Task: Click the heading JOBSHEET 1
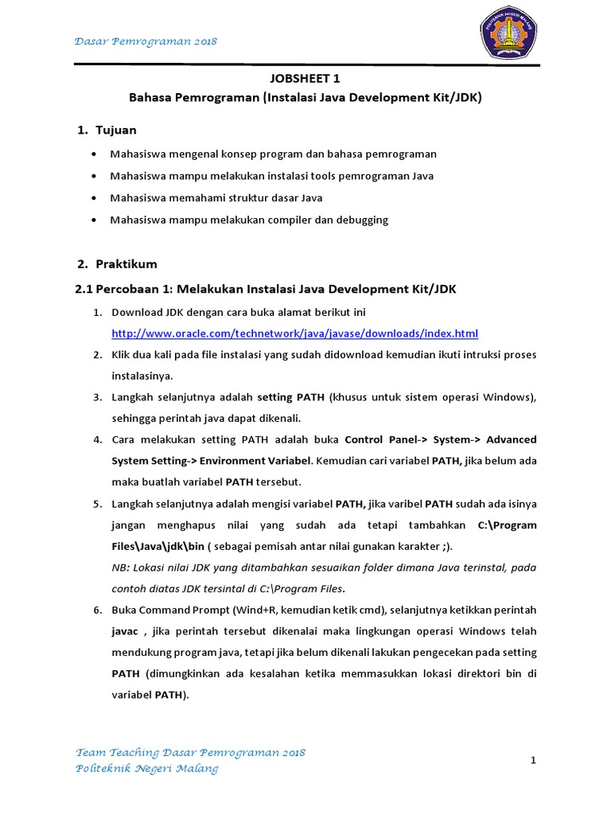coord(305,78)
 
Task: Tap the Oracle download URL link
coord(294,333)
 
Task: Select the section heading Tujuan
coord(116,129)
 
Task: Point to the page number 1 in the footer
coord(534,761)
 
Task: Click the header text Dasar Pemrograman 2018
coord(146,41)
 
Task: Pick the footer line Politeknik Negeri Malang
coord(146,769)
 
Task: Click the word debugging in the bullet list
coord(361,220)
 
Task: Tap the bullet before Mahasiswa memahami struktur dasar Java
coord(95,198)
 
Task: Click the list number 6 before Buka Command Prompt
coord(96,610)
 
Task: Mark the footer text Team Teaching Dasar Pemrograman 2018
coord(190,753)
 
